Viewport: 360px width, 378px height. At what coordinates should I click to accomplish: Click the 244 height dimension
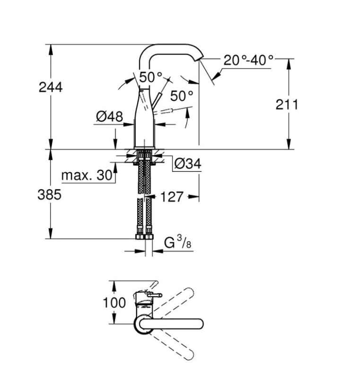[x=51, y=87]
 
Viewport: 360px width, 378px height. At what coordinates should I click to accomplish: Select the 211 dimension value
[x=287, y=104]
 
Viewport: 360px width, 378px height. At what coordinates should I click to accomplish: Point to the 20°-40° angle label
[x=248, y=60]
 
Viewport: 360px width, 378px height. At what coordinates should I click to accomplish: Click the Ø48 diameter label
[x=109, y=116]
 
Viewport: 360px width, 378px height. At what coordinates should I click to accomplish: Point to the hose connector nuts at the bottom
[x=144, y=235]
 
